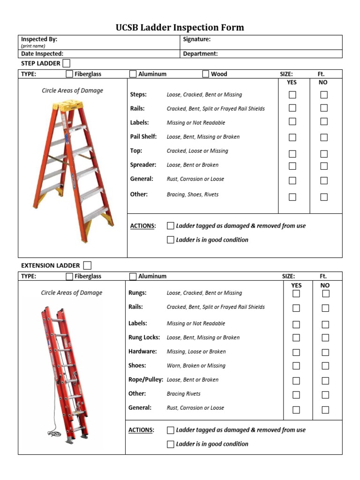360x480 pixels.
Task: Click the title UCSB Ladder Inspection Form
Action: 180,27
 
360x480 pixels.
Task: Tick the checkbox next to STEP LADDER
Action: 67,63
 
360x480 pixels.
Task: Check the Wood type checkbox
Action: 206,74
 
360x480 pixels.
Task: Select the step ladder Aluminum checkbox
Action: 133,74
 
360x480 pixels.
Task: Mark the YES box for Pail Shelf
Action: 292,137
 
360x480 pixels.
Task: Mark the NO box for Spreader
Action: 324,165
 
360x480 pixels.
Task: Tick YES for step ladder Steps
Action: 292,95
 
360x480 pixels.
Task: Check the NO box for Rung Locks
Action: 325,337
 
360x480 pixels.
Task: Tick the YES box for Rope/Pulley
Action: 296,381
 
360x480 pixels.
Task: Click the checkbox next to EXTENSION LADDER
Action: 87,265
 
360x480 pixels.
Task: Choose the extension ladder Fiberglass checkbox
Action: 69,276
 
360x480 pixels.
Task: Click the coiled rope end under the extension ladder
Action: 53,434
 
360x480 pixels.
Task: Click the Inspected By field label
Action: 39,39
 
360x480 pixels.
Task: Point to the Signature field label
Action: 197,39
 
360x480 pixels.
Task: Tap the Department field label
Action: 200,53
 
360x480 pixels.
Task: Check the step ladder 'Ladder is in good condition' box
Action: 171,240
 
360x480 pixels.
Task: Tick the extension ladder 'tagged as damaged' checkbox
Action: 171,430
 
